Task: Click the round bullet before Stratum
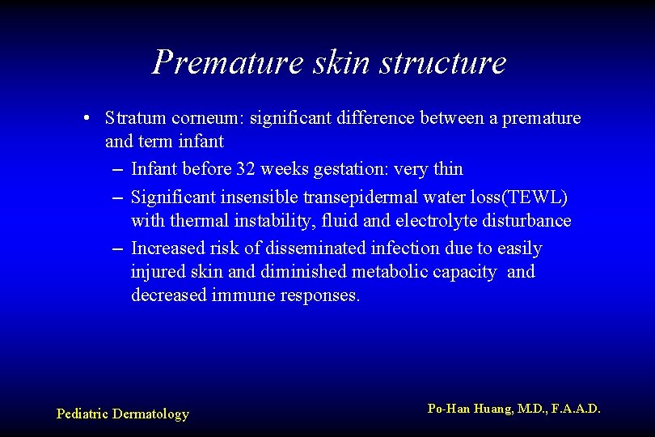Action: tap(86, 119)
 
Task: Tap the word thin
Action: tap(448, 169)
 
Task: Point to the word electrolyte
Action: tap(437, 221)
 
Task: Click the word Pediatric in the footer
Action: tap(82, 414)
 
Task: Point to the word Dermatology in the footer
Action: tap(150, 414)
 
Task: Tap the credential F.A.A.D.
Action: tap(576, 409)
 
